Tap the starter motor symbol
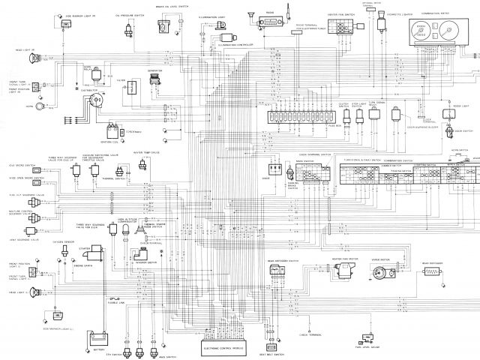100,256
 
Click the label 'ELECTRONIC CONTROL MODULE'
228,349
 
